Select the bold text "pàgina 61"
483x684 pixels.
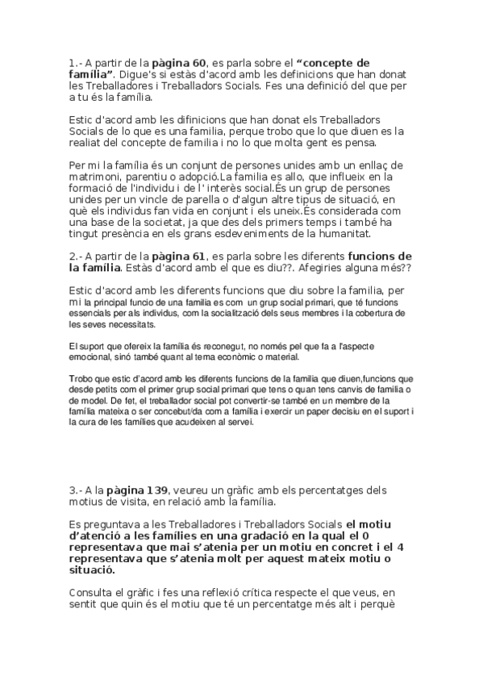182,256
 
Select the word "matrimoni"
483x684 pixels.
98,198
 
